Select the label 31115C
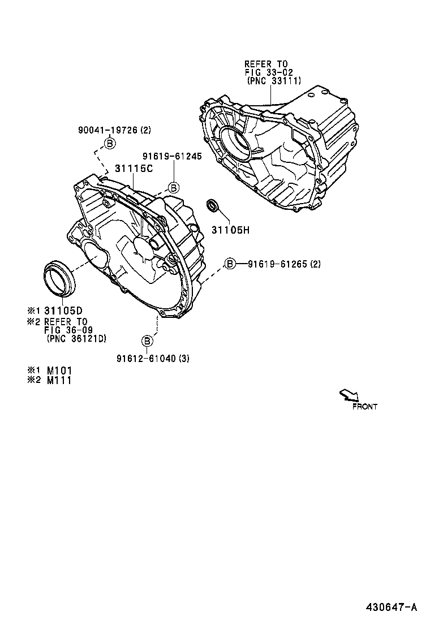pos(134,168)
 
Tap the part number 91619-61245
pos(171,157)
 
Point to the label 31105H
pos(230,230)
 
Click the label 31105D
pos(67,311)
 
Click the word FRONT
pos(365,406)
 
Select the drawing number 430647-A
pos(390,607)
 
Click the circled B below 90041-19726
pos(109,144)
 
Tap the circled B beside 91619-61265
pos(230,264)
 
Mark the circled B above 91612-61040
pos(147,341)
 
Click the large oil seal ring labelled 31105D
pos(59,277)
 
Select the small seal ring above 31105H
pos(212,205)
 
